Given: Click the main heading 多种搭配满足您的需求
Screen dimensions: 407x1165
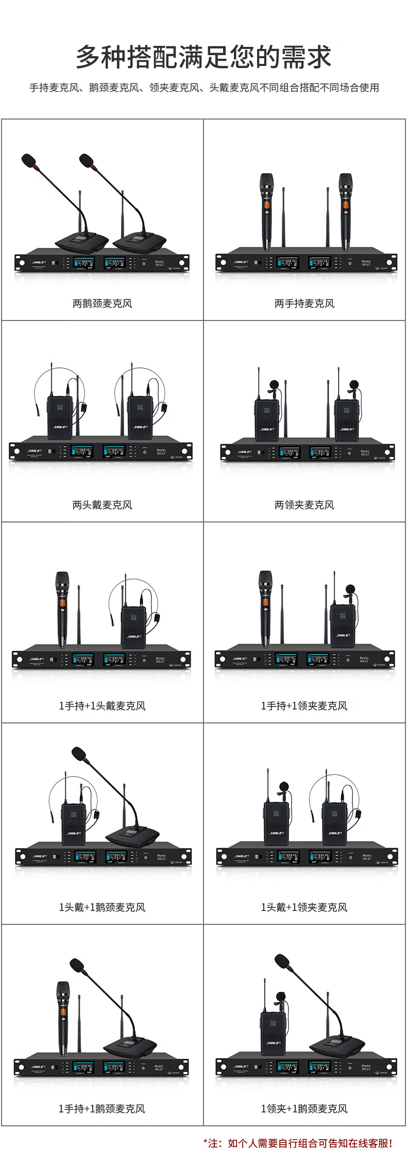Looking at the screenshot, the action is [x=203, y=57].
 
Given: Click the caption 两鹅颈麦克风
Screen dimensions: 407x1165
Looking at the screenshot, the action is [x=102, y=303].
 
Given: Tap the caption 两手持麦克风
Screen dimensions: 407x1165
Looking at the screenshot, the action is [x=304, y=303].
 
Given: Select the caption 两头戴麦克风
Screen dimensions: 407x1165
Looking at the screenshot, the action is [x=102, y=505].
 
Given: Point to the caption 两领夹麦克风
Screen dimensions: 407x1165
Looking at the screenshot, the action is [x=304, y=505].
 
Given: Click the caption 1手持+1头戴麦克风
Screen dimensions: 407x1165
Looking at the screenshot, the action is [x=102, y=706].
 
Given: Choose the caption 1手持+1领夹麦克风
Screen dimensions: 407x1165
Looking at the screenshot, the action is [x=304, y=706].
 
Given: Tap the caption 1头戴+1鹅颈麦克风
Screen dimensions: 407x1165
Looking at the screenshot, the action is [x=102, y=907].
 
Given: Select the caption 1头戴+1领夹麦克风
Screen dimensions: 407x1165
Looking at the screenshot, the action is [x=304, y=907].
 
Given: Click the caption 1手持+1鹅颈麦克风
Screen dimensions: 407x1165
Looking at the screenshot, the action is [x=102, y=1109].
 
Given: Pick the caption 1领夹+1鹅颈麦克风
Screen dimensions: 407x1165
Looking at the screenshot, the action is [x=304, y=1109].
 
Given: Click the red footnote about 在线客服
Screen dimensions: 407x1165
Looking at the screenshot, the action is [x=299, y=1143].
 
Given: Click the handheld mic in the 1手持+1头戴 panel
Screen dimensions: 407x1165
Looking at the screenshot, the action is [x=62, y=608].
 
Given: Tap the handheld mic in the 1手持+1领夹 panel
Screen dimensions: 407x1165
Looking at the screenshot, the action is [x=265, y=608].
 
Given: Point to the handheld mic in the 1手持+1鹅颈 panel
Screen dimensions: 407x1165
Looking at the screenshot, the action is [x=63, y=1018].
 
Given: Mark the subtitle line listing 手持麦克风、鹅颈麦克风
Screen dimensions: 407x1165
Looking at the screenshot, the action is [x=204, y=88].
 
